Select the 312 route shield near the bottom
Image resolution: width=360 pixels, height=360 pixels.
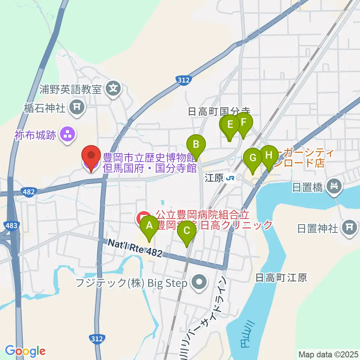[x=97, y=339]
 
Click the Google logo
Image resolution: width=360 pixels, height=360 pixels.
[x=25, y=351]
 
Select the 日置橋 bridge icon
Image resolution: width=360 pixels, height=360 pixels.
[x=333, y=185]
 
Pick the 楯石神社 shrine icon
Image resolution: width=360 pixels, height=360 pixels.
[x=77, y=108]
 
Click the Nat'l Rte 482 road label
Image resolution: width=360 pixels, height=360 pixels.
[x=135, y=248]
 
